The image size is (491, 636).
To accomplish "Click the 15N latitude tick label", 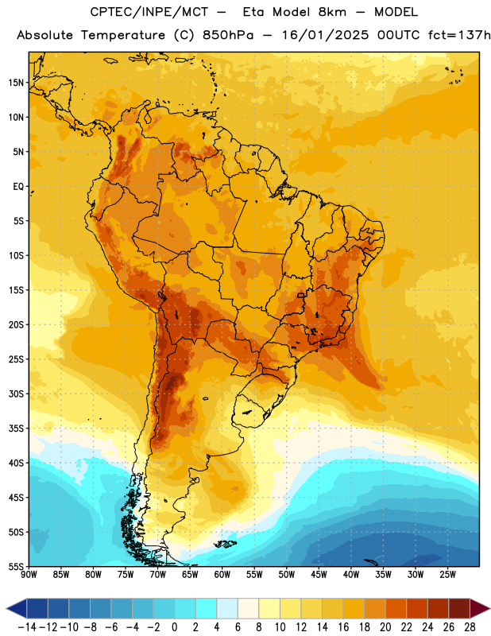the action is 16,83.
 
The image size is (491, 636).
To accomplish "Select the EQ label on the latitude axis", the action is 18,187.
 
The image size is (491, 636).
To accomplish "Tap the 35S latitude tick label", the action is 16,429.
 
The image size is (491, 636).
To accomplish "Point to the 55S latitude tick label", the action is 16,566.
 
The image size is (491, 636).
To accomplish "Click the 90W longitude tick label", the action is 29,575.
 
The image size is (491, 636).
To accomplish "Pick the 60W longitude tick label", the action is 222,575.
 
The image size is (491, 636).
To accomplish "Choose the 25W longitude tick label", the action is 447,575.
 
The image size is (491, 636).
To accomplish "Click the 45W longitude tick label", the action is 319,575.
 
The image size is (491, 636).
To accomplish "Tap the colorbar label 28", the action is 470,627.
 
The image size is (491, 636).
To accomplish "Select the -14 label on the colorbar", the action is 27,627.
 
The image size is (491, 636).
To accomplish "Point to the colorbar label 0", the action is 174,627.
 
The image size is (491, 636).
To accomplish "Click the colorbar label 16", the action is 343,627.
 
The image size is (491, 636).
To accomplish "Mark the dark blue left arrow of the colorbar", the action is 17,608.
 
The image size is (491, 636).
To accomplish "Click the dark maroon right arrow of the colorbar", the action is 480,608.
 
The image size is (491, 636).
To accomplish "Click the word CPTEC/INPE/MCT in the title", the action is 149,12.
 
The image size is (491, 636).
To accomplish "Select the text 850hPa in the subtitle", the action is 228,35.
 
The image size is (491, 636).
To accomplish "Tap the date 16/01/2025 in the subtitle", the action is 325,35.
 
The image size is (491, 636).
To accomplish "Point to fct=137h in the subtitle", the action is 459,35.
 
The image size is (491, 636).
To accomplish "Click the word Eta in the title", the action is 254,12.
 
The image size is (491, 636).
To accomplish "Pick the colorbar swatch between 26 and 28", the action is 459,608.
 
